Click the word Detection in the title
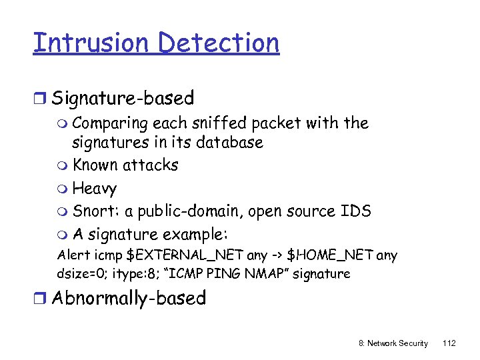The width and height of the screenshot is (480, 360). [219, 43]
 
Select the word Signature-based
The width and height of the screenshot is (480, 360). [123, 99]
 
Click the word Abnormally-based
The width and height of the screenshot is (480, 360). [129, 298]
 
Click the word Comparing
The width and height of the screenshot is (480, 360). [110, 124]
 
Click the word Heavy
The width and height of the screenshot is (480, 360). [95, 189]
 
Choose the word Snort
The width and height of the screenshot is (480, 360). [92, 211]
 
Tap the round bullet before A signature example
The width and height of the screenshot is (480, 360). [63, 235]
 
